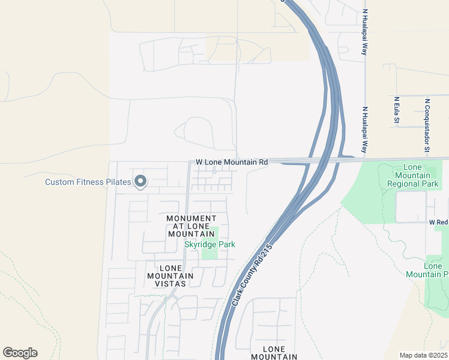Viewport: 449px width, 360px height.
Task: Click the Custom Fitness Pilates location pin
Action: [140, 181]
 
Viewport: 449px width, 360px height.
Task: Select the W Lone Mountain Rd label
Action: [232, 163]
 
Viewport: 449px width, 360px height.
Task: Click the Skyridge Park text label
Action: [209, 244]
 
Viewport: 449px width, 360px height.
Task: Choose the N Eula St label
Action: [397, 110]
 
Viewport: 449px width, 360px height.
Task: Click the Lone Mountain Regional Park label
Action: [413, 175]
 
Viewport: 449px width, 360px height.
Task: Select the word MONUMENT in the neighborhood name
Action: [191, 218]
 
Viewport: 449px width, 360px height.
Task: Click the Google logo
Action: [20, 353]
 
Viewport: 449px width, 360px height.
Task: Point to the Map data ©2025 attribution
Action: [423, 355]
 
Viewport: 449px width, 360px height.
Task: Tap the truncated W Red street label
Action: [438, 222]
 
